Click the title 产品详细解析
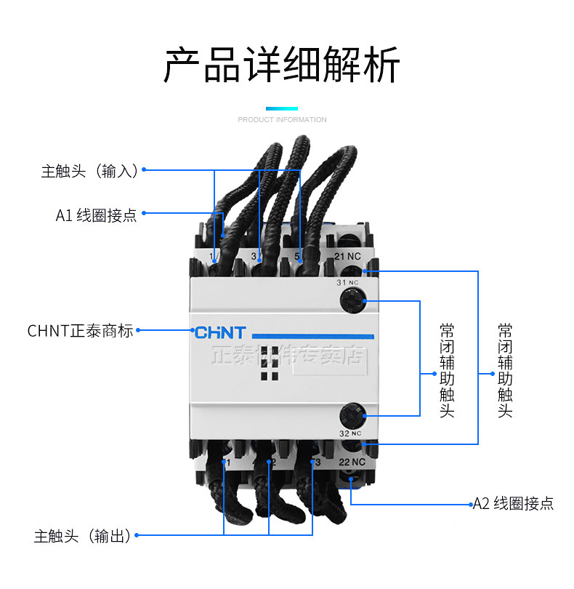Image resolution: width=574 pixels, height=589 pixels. [282, 66]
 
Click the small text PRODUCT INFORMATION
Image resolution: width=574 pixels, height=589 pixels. [282, 119]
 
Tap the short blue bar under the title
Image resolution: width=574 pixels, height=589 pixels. [282, 108]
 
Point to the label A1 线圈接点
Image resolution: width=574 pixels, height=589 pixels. [96, 216]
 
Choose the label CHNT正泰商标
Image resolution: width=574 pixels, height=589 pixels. [81, 331]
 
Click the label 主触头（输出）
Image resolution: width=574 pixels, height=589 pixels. [82, 537]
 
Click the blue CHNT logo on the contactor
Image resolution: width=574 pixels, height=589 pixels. [220, 332]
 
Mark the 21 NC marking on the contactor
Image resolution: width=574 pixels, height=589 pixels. [347, 256]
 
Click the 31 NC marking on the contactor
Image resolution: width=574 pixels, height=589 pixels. [347, 282]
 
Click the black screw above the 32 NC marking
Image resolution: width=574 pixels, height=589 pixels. [351, 416]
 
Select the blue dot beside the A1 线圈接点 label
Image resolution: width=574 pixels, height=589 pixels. [144, 213]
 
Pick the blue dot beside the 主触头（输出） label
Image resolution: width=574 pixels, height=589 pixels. [137, 536]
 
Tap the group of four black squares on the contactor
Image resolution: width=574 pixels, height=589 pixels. [269, 364]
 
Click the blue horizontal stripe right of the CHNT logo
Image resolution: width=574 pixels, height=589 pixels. [312, 336]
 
